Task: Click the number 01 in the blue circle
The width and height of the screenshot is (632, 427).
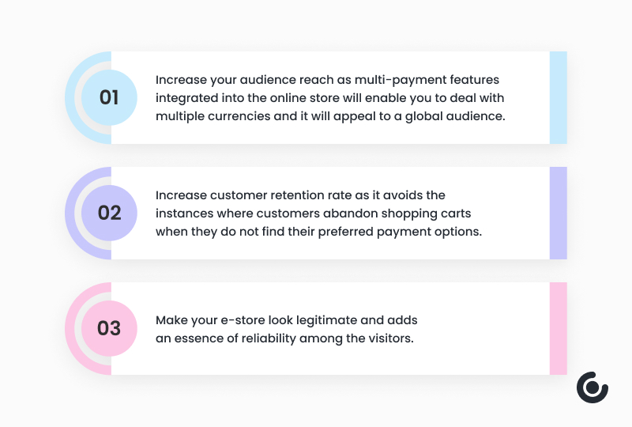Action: (x=109, y=98)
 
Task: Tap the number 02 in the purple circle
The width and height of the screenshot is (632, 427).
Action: (x=109, y=213)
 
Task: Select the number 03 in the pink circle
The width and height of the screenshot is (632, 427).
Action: (x=109, y=328)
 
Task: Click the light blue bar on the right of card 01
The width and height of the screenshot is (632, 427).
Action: (x=558, y=98)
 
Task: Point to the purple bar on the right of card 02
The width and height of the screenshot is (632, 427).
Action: (x=558, y=213)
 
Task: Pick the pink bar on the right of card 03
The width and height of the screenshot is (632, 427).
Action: (x=558, y=328)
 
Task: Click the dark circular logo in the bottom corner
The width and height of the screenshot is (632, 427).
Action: (x=592, y=387)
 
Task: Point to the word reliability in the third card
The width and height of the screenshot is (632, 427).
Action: (x=276, y=338)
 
